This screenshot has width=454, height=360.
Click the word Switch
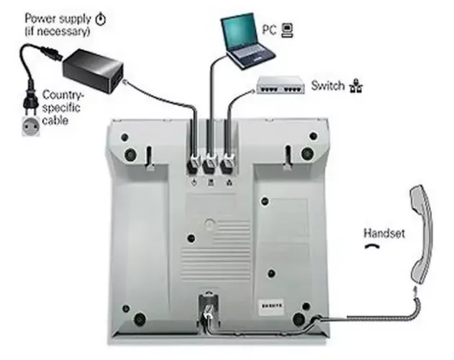(327, 86)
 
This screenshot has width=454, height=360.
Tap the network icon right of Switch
(355, 87)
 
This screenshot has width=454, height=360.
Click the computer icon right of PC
(286, 30)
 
